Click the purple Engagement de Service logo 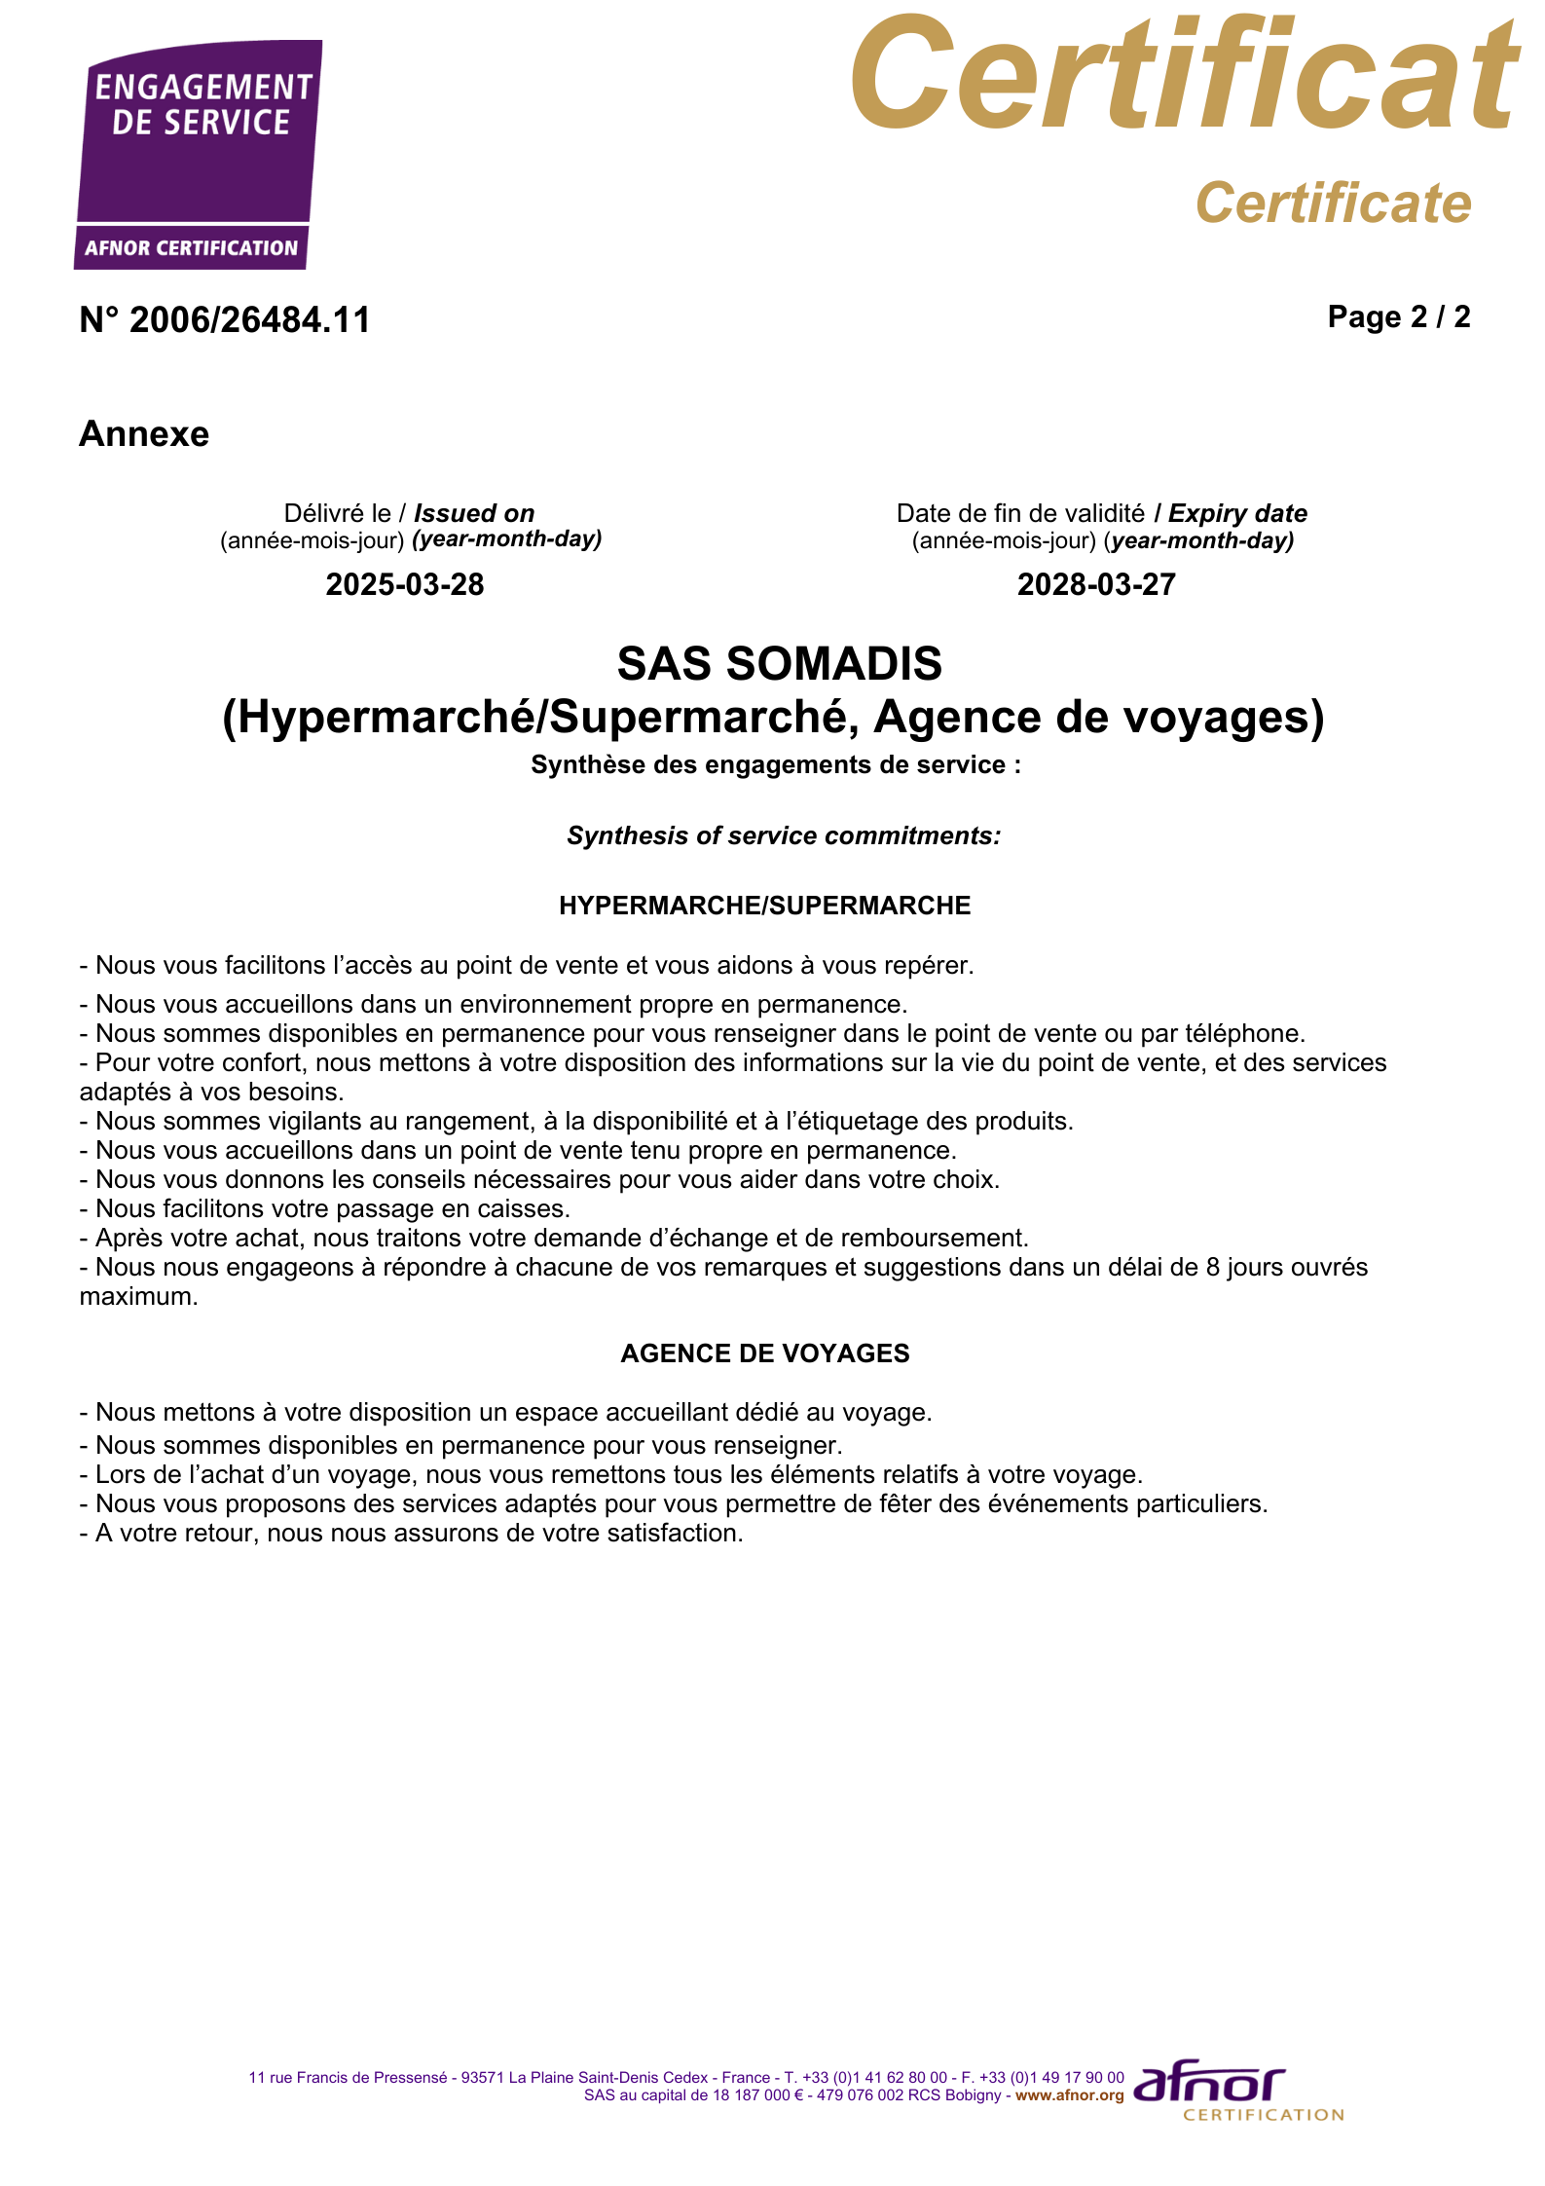tap(198, 154)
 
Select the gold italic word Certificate tap(1333, 203)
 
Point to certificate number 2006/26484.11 tap(225, 320)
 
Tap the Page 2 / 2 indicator tap(1398, 316)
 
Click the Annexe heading tap(144, 433)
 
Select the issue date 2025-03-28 tap(405, 584)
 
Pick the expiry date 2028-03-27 tap(1096, 584)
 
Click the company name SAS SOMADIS tap(779, 663)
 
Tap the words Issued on tap(474, 513)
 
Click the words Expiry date tap(1237, 513)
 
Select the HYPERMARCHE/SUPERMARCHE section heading tap(764, 906)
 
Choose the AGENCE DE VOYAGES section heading tap(764, 1353)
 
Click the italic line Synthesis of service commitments tap(784, 835)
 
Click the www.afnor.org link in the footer tap(1069, 2094)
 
